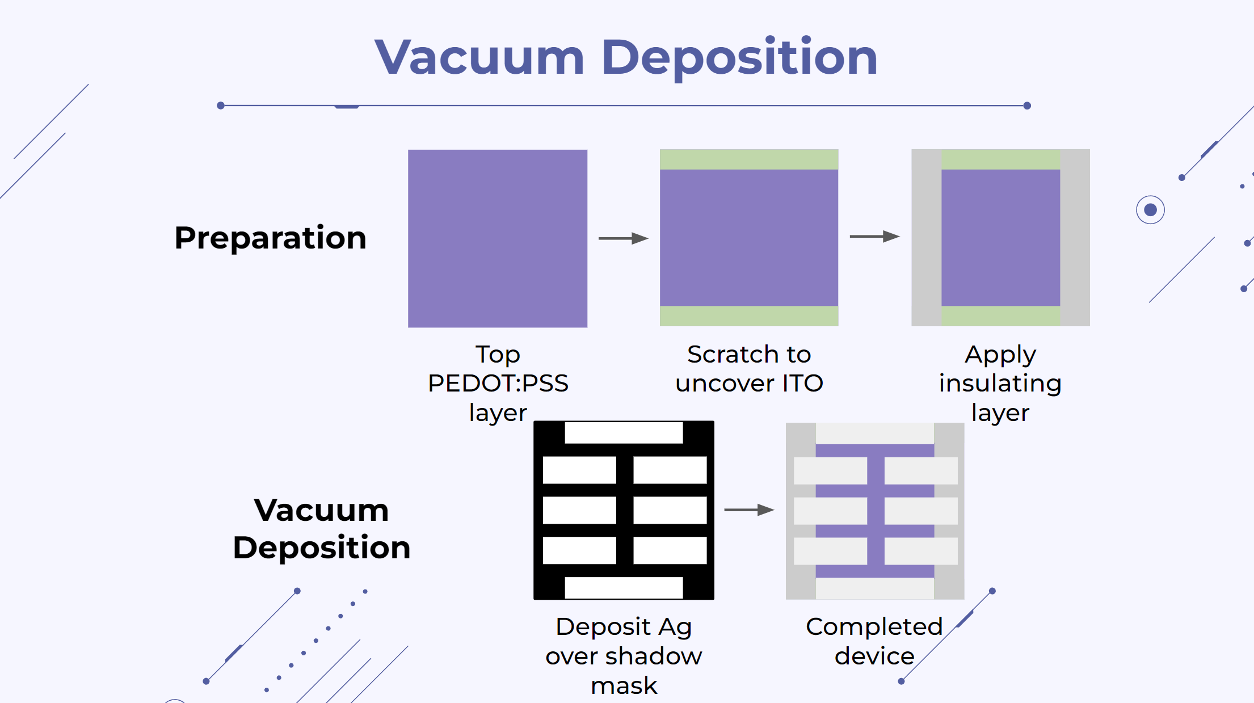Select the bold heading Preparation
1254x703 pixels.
pyautogui.click(x=270, y=238)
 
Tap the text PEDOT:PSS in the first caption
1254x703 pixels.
pyautogui.click(x=498, y=384)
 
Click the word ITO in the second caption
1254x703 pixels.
pyautogui.click(x=802, y=384)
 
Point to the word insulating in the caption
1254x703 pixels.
pyautogui.click(x=1000, y=384)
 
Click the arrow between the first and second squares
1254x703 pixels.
pyautogui.click(x=624, y=238)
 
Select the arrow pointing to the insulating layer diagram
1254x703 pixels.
pyautogui.click(x=874, y=236)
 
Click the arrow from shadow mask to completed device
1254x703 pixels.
pyautogui.click(x=750, y=510)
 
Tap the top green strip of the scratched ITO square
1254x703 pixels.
pyautogui.click(x=749, y=159)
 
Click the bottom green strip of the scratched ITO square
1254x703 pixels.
pyautogui.click(x=749, y=316)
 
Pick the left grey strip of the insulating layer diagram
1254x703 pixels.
pyautogui.click(x=927, y=238)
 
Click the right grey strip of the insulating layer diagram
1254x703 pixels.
pyautogui.click(x=1075, y=238)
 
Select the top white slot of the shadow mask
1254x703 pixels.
pyautogui.click(x=624, y=433)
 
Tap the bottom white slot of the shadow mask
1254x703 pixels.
pyautogui.click(x=624, y=588)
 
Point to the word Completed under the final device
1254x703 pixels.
pyautogui.click(x=874, y=628)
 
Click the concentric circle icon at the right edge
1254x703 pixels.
pyautogui.click(x=1150, y=210)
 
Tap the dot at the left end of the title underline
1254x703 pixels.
pyautogui.click(x=221, y=106)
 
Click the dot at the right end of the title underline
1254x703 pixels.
pyautogui.click(x=1027, y=106)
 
